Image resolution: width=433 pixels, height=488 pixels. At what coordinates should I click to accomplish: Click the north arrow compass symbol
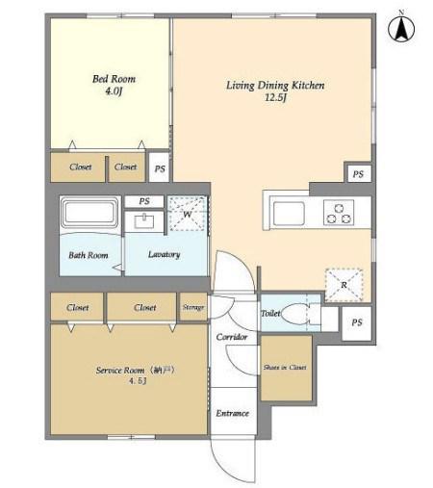click(x=401, y=28)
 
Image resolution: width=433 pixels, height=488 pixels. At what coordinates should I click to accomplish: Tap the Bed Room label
click(x=114, y=79)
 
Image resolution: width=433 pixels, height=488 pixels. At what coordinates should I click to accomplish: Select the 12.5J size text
click(x=275, y=97)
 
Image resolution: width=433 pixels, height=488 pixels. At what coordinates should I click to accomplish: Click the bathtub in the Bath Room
click(x=90, y=213)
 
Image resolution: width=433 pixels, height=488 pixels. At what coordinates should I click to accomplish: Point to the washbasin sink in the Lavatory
click(x=144, y=221)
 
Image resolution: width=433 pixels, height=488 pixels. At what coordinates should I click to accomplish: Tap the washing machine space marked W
click(x=188, y=214)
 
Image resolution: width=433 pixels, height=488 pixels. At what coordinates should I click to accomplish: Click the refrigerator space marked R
click(x=344, y=285)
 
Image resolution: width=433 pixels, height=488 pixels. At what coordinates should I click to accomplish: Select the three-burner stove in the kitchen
click(x=339, y=212)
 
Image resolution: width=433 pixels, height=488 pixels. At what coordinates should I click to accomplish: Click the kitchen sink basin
click(x=289, y=214)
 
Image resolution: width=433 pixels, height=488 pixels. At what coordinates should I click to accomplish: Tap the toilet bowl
click(x=295, y=313)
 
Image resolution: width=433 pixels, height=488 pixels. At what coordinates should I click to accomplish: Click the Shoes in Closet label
click(x=285, y=368)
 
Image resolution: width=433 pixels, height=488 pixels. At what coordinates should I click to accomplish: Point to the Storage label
click(x=193, y=307)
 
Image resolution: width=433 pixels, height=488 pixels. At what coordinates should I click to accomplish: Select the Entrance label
click(x=232, y=413)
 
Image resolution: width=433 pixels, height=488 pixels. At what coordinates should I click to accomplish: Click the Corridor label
click(x=232, y=337)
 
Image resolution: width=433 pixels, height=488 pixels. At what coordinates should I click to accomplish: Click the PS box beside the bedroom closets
click(x=160, y=167)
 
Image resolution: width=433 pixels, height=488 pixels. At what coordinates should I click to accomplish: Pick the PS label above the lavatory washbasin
click(x=144, y=201)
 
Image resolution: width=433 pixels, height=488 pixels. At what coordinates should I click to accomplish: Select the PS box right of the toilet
click(x=357, y=323)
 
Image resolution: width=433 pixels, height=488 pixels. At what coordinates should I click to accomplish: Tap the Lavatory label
click(x=164, y=254)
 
